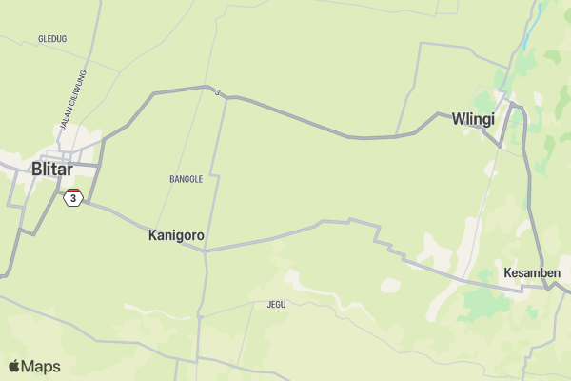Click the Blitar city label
[x=51, y=169]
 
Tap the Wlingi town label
[x=473, y=119]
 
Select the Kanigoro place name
[x=176, y=234]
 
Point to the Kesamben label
[x=532, y=272]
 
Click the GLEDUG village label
[x=51, y=39]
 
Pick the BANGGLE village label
[x=186, y=179]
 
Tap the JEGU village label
[x=276, y=305]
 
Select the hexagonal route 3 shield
[x=73, y=198]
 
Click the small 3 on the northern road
[x=218, y=92]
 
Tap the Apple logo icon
[x=14, y=366]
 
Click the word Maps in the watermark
[x=41, y=366]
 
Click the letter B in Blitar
[x=37, y=169]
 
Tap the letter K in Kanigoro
[x=153, y=234]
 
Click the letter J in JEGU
[x=269, y=305]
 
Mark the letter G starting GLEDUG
[x=40, y=39]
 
